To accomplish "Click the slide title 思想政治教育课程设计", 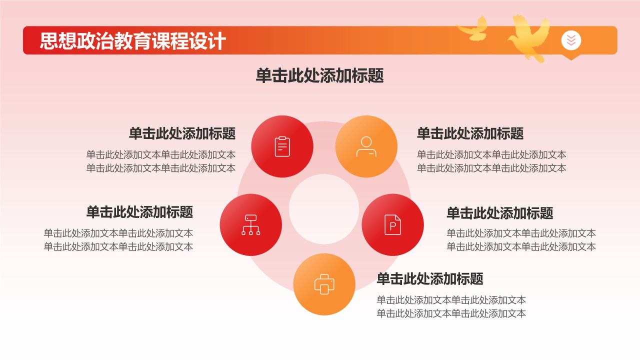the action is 132,41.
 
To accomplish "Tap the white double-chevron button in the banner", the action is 571,40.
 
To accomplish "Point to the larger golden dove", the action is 528,37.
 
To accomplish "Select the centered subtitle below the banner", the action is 319,75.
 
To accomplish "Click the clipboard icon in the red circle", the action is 282,146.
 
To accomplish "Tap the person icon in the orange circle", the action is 366,146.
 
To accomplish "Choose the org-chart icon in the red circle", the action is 251,225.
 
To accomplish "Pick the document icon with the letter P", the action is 392,225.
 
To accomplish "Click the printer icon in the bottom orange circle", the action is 324,284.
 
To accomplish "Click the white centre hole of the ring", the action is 323,209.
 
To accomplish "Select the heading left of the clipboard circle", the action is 182,133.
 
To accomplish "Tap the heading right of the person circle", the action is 470,133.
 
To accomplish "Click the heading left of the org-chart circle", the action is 139,212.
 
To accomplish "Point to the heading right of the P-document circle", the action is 500,213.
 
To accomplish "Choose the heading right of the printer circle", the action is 430,278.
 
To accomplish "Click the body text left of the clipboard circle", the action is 161,161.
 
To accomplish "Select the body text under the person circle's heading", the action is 491,161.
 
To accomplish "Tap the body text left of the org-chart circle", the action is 118,240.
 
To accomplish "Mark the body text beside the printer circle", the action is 451,307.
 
